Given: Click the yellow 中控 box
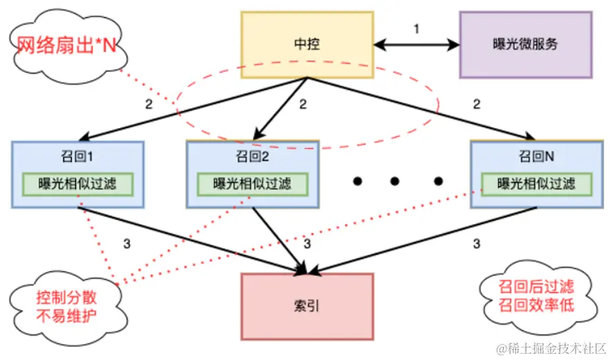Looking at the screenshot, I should [x=307, y=44].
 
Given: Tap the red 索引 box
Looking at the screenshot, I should [x=307, y=307].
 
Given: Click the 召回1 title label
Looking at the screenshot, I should [x=77, y=156].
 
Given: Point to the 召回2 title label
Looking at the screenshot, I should [x=252, y=156].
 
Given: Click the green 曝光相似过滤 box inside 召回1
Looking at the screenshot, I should [x=77, y=184].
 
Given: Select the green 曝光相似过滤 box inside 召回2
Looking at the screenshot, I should [x=252, y=184].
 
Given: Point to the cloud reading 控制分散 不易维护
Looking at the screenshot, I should [x=66, y=306].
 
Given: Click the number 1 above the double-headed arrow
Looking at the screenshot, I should [x=417, y=29].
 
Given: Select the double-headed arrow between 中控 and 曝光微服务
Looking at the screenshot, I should [x=417, y=46].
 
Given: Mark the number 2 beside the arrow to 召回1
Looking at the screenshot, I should [x=149, y=105].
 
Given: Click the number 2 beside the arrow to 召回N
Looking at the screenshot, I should [x=476, y=105].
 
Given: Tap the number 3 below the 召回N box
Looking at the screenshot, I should [x=477, y=243].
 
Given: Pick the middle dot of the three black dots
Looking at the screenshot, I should [x=395, y=181].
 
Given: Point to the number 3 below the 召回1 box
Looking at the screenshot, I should [x=126, y=243].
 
